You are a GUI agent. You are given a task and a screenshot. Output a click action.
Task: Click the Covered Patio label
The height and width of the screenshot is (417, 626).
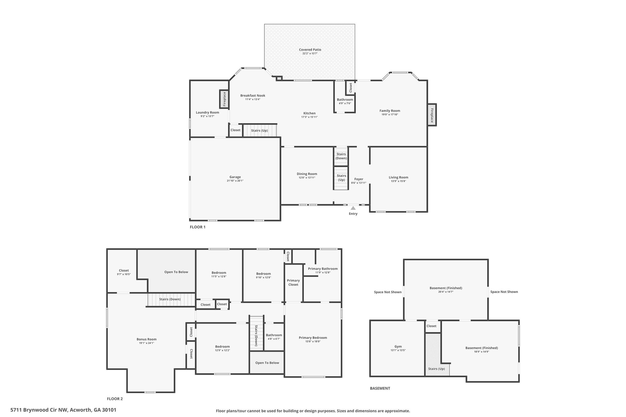pyautogui.click(x=310, y=49)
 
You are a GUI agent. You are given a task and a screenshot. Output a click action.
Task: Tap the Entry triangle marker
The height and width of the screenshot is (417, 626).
pyautogui.click(x=353, y=208)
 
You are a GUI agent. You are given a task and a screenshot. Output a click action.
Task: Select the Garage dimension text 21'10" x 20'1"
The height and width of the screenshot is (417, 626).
pyautogui.click(x=235, y=181)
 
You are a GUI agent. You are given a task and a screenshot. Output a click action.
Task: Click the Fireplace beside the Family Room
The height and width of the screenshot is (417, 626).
pyautogui.click(x=432, y=115)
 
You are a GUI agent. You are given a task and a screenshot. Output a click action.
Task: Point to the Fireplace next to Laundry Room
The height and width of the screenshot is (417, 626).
pyautogui.click(x=224, y=99)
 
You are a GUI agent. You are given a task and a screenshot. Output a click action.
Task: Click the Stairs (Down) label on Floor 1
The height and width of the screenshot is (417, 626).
pyautogui.click(x=341, y=156)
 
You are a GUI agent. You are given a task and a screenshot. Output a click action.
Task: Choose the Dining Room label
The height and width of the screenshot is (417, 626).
pyautogui.click(x=307, y=174)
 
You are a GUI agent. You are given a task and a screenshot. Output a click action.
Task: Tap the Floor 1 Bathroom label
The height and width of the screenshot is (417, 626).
pyautogui.click(x=345, y=100)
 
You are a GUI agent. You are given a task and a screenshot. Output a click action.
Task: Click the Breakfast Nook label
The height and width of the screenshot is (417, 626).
pyautogui.click(x=252, y=95)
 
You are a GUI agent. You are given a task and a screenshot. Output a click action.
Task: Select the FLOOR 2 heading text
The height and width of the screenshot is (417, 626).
pyautogui.click(x=115, y=399)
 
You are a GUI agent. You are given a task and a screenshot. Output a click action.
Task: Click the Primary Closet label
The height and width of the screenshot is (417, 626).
pyautogui.click(x=293, y=282)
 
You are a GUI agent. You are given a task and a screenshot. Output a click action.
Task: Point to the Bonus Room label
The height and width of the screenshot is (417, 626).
pyautogui.click(x=146, y=339)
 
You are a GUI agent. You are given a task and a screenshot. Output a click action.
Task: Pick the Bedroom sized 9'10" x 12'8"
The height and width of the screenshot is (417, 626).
pyautogui.click(x=263, y=274)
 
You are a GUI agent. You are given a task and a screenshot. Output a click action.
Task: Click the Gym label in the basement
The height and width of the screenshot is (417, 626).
pyautogui.click(x=398, y=346)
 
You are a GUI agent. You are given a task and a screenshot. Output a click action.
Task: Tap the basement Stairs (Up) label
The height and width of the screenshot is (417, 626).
pyautogui.click(x=436, y=369)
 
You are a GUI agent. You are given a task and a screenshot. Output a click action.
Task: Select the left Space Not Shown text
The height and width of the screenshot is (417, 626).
pyautogui.click(x=388, y=292)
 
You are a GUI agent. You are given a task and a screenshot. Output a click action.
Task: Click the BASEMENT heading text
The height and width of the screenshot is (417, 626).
pyautogui.click(x=380, y=388)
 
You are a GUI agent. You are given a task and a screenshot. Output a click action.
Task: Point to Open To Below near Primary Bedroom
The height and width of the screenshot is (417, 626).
pyautogui.click(x=267, y=363)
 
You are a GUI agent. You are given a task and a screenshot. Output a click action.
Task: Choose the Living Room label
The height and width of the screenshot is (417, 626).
pyautogui.click(x=398, y=177)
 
